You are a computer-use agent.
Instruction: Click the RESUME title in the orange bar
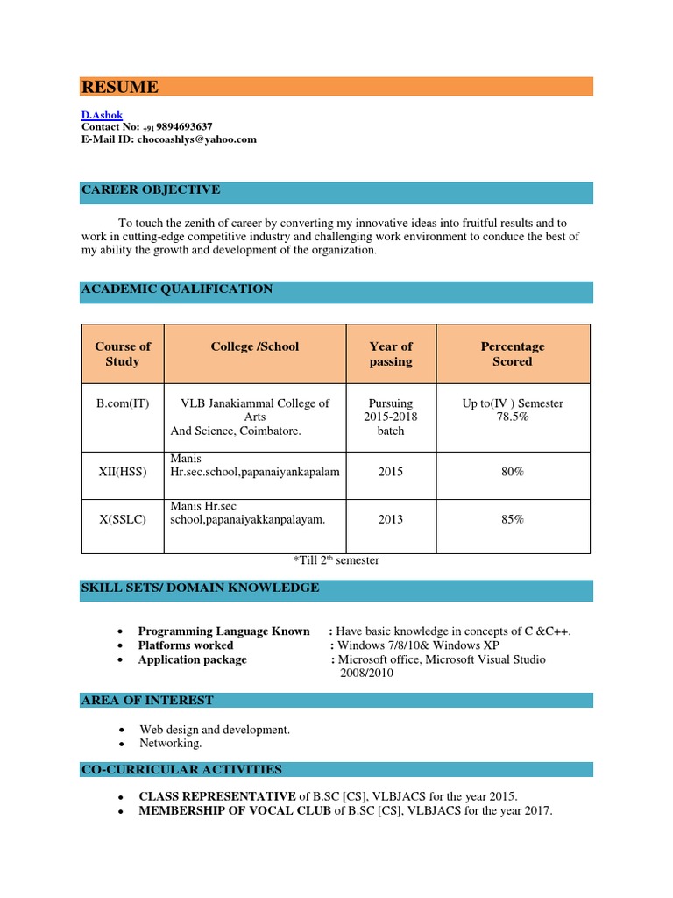pos(120,87)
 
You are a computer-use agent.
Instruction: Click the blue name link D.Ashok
pos(103,115)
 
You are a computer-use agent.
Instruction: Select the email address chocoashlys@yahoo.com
pos(196,139)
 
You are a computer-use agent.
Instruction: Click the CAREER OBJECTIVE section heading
pos(151,190)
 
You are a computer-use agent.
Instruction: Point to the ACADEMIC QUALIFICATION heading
pos(176,289)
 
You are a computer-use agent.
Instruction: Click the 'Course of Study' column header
pos(123,353)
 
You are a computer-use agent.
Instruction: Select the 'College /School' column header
pos(255,346)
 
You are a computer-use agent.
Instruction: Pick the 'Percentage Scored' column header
pos(513,353)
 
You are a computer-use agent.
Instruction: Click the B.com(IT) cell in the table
pos(123,403)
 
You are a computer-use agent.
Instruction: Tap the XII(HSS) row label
pos(123,473)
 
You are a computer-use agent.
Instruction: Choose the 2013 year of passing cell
pos(391,519)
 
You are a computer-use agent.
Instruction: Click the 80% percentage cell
pos(513,473)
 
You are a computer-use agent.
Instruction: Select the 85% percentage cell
pos(513,519)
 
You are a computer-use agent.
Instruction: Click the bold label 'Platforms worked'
pos(186,645)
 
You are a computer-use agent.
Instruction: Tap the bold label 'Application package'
pos(192,659)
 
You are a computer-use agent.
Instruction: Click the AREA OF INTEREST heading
pos(146,701)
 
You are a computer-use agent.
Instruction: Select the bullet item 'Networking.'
pos(171,743)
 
